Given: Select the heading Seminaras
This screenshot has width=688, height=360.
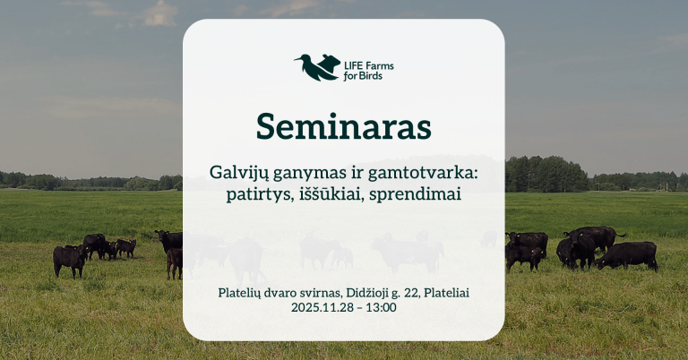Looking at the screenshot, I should click(343, 127).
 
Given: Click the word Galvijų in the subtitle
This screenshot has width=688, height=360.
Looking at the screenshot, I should click(236, 172).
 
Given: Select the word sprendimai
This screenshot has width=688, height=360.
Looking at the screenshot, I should click(417, 193).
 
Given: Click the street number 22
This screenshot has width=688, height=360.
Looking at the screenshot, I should click(416, 292).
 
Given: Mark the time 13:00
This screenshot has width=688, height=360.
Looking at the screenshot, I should click(381, 307).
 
